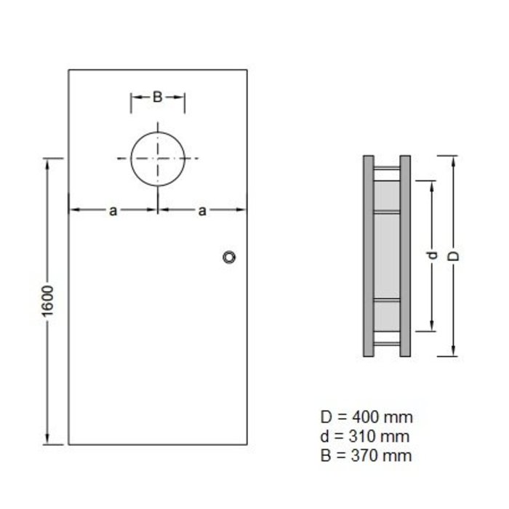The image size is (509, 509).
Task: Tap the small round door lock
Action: (230, 257)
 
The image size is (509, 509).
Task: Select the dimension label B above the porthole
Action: (157, 97)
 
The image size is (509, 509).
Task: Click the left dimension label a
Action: (113, 211)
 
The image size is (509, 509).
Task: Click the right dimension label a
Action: (202, 211)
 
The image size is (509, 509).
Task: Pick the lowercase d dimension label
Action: (432, 255)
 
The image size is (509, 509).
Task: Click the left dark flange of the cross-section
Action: (368, 255)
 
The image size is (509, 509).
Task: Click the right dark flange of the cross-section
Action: (405, 255)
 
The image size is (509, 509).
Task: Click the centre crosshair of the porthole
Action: (157, 159)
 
